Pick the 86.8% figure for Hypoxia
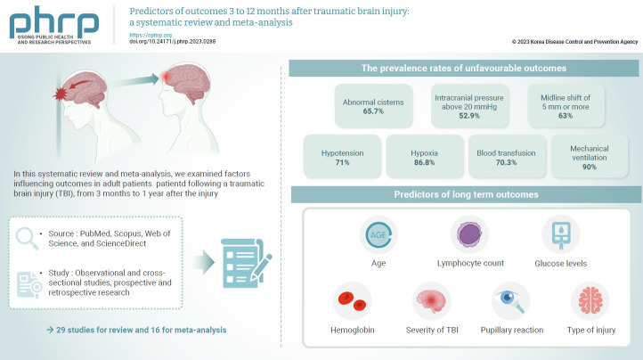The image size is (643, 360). [424, 164]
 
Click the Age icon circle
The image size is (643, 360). [378, 234]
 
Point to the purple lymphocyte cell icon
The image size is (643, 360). [469, 234]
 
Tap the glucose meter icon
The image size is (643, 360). [560, 234]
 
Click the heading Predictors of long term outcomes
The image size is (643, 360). [464, 194]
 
